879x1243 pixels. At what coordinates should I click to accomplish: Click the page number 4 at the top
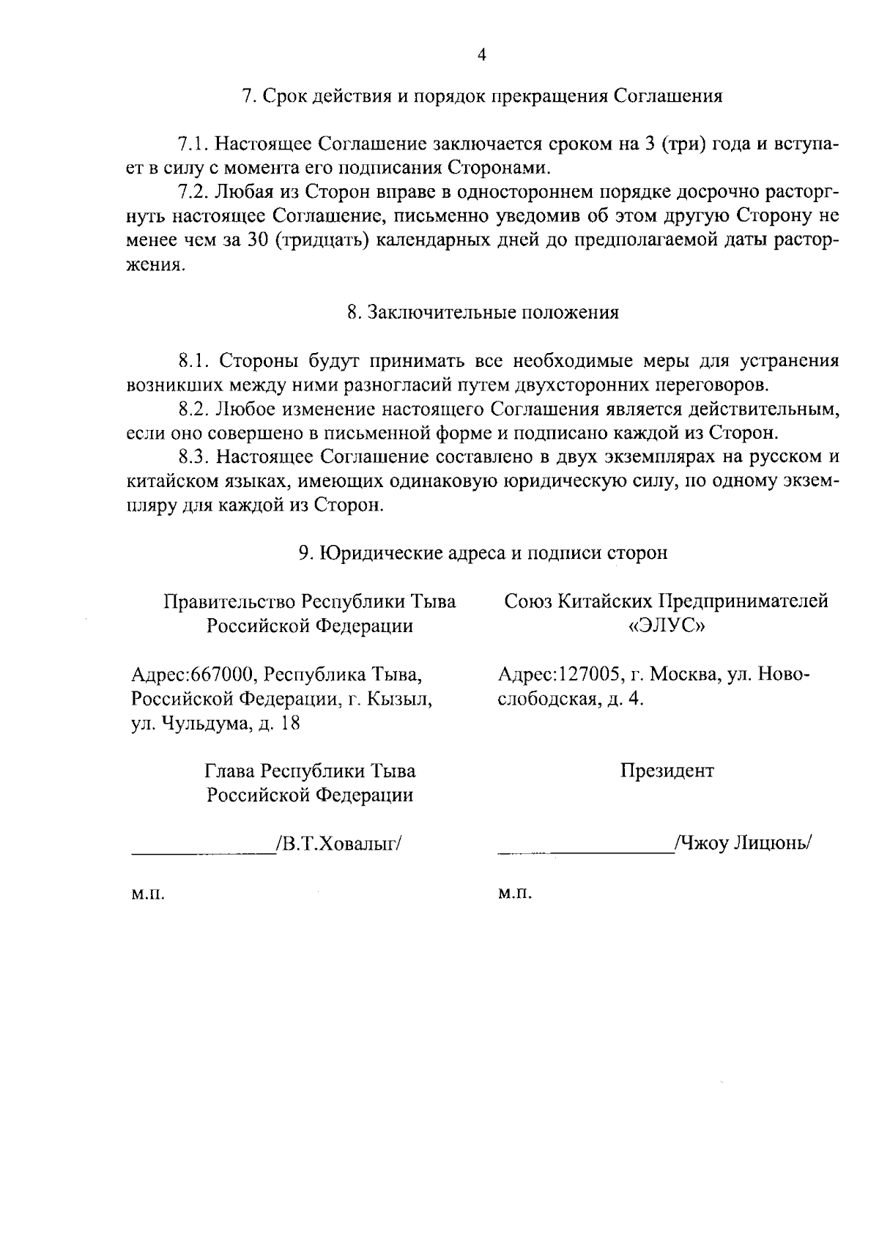(481, 56)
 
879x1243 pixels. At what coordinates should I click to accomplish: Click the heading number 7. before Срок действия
(248, 97)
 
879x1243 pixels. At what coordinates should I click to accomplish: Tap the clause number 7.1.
(195, 144)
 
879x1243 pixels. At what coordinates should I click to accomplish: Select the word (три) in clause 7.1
(683, 144)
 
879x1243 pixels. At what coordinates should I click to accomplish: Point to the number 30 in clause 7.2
(261, 241)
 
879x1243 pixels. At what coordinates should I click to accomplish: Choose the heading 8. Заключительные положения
(483, 313)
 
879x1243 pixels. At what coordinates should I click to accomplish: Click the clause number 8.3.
(195, 457)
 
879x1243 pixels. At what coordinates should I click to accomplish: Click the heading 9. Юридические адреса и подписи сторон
(483, 553)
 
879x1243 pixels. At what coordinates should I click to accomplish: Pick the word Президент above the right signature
(667, 771)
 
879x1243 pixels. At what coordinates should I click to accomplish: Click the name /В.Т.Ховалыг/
(338, 844)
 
